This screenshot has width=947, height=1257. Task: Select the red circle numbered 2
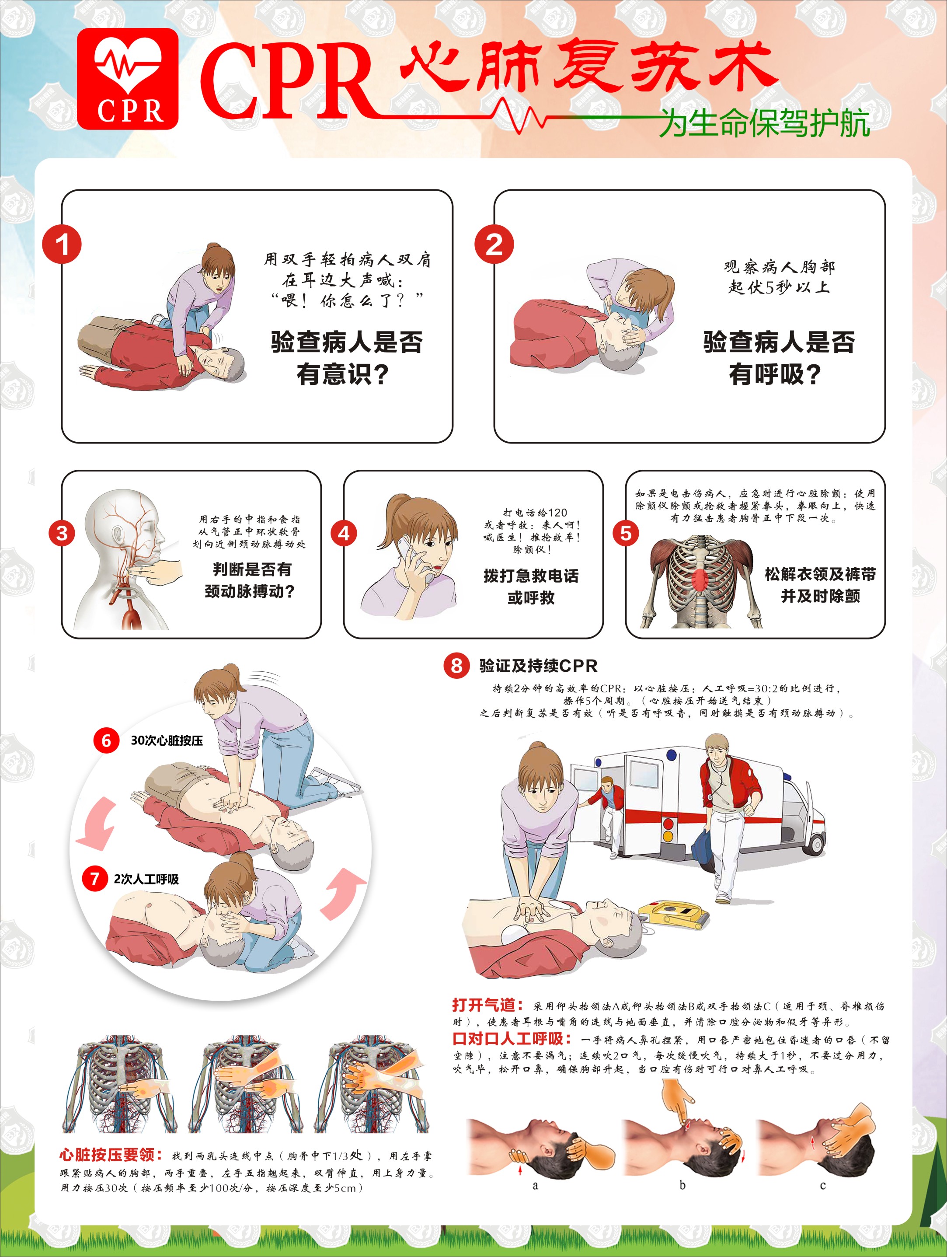494,245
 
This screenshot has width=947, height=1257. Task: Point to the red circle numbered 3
62,533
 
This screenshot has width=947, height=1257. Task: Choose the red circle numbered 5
626,533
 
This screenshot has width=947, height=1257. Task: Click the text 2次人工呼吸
146,879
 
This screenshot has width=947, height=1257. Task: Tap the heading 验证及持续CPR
538,665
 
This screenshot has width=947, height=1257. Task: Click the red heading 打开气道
487,1005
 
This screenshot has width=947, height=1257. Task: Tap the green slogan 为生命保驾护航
764,123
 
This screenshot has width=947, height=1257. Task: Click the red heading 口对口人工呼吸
511,1039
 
